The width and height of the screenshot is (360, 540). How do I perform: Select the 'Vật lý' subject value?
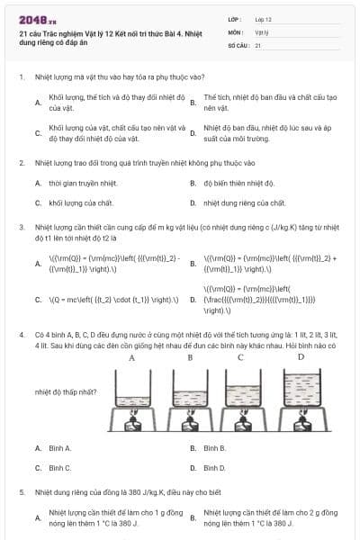pyautogui.click(x=261, y=31)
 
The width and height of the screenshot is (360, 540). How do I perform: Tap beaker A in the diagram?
pyautogui.click(x=132, y=395)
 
